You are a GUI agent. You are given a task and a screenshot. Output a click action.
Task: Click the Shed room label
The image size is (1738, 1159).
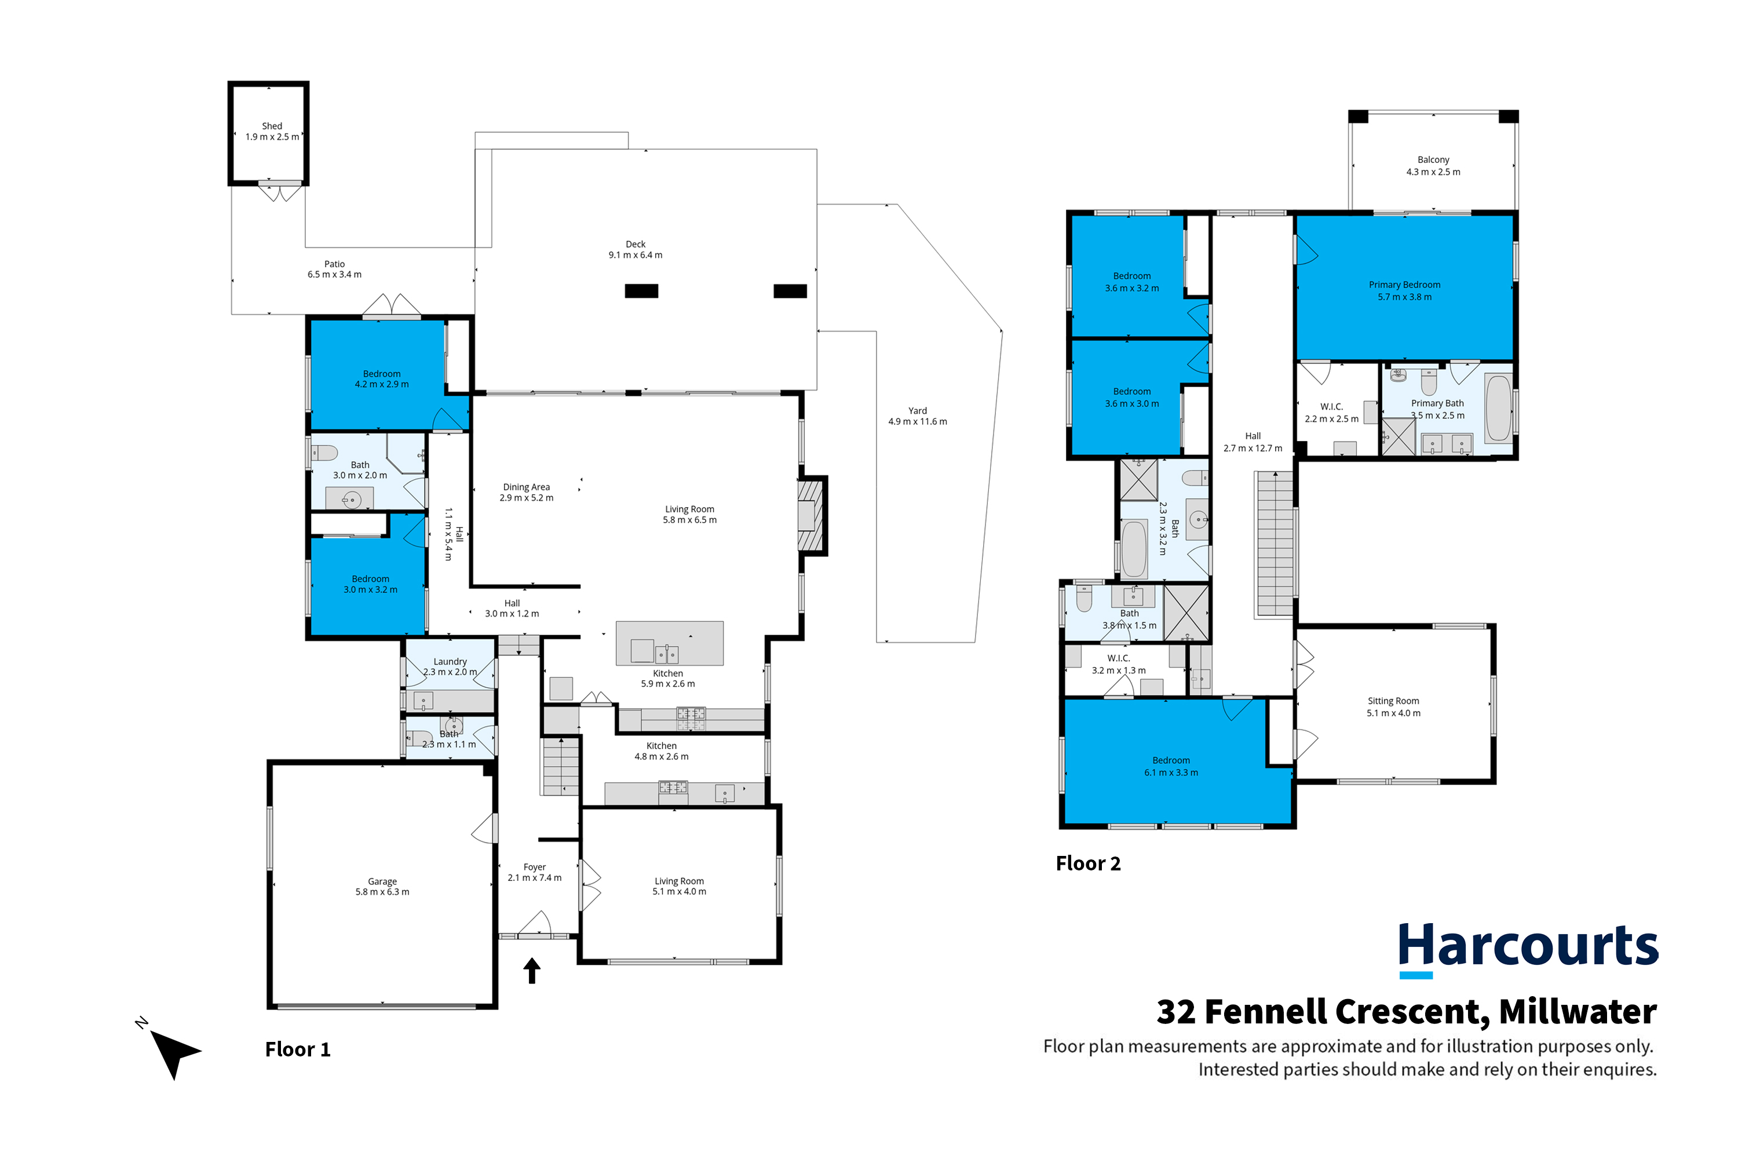tap(272, 126)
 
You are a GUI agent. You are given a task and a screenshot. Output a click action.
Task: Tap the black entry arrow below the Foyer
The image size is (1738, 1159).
tap(532, 971)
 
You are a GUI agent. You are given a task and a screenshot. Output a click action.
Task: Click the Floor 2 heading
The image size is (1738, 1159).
tap(1088, 863)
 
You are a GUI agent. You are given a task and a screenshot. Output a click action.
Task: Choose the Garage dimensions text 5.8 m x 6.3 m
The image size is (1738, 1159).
tap(382, 892)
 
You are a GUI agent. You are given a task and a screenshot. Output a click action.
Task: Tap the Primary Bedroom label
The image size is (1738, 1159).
tap(1404, 285)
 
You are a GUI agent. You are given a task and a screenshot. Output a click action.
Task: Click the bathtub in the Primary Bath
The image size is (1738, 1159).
tap(1499, 409)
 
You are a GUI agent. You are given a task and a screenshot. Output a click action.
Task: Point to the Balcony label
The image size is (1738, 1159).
tap(1433, 160)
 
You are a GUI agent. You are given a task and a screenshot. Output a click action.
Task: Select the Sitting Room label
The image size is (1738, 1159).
tap(1393, 701)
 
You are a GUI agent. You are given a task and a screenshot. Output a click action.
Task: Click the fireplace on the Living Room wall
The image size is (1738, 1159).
tap(810, 515)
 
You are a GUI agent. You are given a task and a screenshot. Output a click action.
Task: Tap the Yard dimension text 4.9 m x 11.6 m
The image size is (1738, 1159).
tap(917, 421)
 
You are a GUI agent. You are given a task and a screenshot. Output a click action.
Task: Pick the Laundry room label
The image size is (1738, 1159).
tap(450, 662)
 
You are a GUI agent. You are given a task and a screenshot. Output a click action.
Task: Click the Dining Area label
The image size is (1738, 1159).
tap(526, 487)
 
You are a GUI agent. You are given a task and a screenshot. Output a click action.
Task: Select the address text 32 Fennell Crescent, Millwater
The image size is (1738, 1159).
tap(1406, 1012)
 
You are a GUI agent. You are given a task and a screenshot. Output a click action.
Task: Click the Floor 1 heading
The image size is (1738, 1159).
tap(298, 1049)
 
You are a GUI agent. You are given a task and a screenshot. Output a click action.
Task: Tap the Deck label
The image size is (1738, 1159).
tap(636, 244)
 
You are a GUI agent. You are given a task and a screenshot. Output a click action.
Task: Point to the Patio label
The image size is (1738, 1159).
tap(334, 264)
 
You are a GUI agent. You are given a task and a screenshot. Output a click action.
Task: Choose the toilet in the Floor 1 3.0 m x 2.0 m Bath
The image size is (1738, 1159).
tap(324, 453)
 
